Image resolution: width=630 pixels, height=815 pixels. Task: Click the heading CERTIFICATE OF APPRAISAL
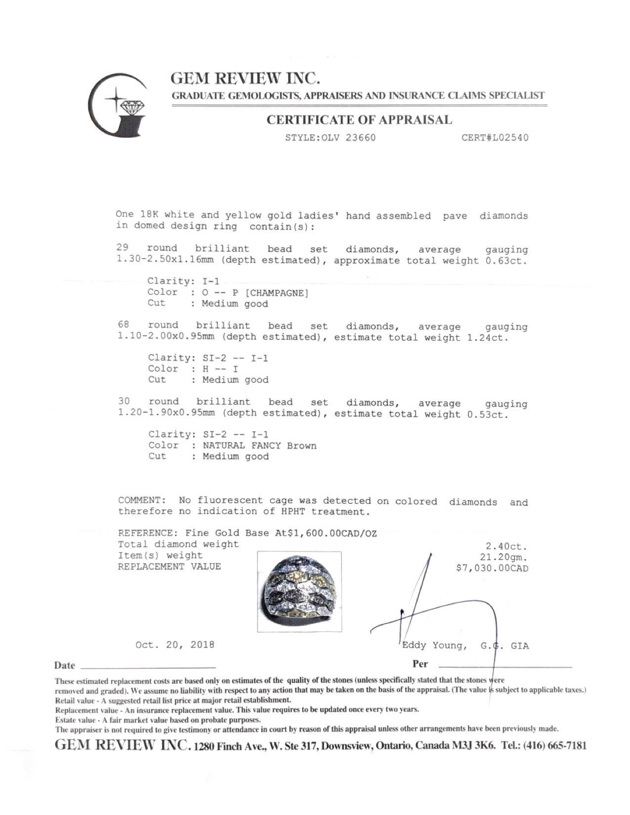tap(359, 120)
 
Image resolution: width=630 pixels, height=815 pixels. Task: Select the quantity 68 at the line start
tap(124, 325)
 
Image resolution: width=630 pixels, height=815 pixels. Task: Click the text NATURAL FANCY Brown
tap(260, 446)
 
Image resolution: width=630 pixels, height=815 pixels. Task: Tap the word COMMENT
tap(140, 501)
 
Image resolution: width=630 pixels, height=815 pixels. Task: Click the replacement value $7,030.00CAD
tap(492, 569)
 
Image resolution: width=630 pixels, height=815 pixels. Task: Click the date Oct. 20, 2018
tap(175, 645)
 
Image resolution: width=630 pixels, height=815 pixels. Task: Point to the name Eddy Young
tap(433, 646)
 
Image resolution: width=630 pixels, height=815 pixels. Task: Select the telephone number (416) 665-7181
tap(555, 746)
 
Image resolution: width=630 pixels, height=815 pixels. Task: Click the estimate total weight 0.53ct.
tap(488, 414)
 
